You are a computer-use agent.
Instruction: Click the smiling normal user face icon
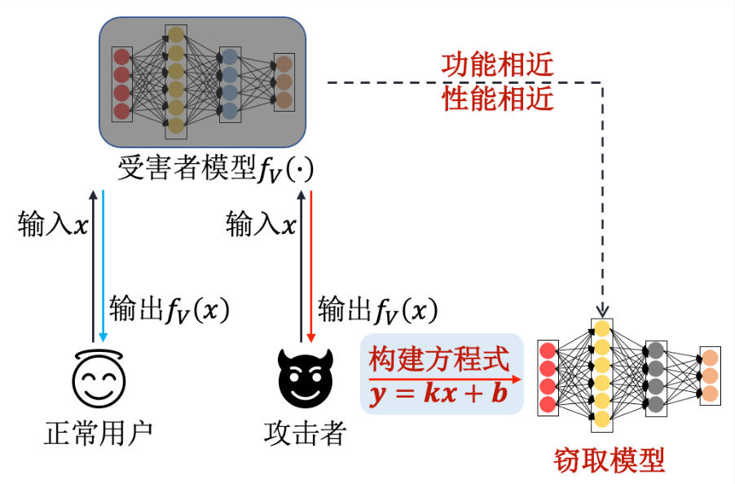pos(98,378)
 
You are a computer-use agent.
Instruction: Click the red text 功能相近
pos(497,64)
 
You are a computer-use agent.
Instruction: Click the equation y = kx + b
pos(438,394)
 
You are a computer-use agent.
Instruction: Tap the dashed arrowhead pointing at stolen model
pos(602,311)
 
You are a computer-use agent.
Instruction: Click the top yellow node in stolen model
pos(601,329)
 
